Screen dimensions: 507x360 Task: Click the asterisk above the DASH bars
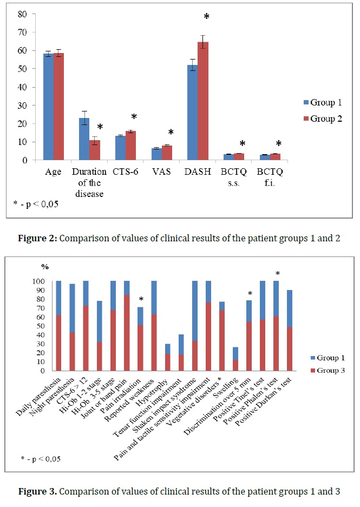(x=206, y=17)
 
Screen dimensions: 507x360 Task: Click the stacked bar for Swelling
(x=235, y=355)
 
